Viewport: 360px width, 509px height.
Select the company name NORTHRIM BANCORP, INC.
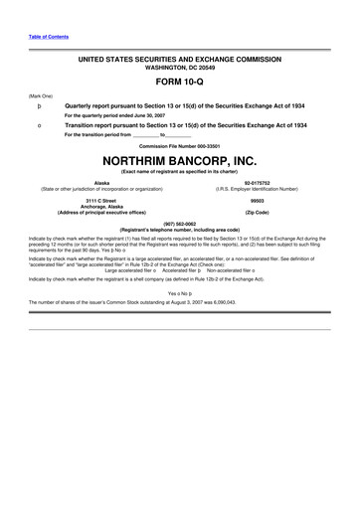[179, 161]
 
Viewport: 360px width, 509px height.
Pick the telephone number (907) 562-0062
[179, 224]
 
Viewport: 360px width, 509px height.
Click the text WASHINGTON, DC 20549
[180, 69]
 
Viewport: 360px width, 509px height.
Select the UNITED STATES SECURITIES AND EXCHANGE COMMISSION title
[180, 61]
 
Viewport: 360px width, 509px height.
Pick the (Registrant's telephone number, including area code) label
[179, 230]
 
